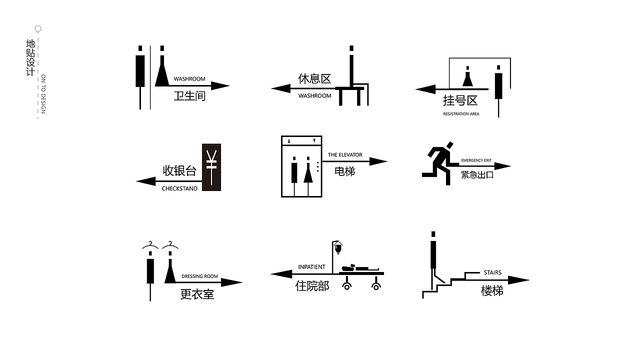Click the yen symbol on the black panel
211,167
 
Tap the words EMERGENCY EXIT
476,160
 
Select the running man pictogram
439,163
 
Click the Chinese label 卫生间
189,95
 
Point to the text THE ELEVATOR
345,155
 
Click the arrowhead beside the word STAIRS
518,280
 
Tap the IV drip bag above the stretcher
338,247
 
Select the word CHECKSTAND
179,188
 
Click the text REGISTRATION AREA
461,113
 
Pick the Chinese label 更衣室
197,294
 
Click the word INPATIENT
311,267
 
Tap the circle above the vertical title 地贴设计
38,29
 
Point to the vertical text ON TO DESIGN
43,94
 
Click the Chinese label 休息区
314,78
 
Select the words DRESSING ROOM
199,276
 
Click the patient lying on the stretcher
360,267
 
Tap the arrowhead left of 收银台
146,181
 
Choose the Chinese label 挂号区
460,100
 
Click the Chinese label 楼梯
492,291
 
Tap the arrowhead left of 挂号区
425,89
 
